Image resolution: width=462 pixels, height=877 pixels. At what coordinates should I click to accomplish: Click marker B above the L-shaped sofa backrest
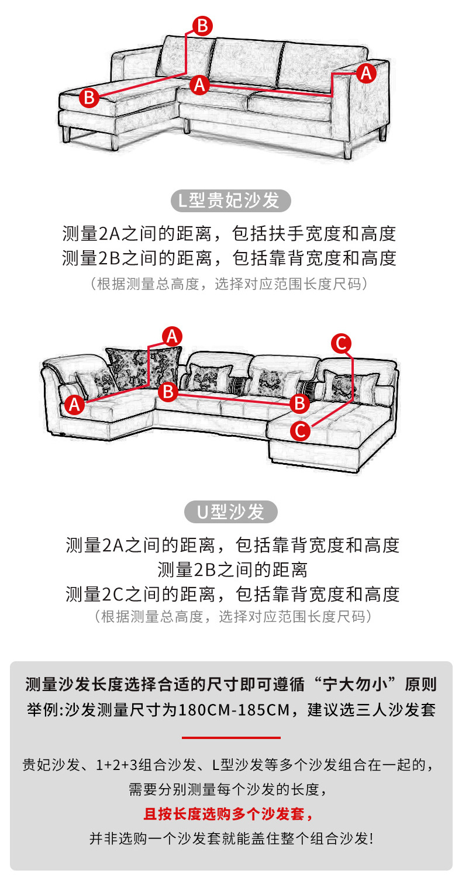[x=202, y=26]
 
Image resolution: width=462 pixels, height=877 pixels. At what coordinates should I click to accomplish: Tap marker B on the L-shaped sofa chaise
[x=89, y=96]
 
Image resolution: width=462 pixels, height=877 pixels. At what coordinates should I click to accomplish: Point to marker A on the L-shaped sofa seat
[x=200, y=84]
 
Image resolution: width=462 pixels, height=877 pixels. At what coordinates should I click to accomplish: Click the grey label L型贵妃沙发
[x=231, y=201]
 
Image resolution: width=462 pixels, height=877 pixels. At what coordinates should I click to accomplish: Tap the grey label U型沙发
[x=231, y=512]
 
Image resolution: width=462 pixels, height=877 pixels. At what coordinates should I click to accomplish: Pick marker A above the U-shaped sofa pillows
[x=172, y=336]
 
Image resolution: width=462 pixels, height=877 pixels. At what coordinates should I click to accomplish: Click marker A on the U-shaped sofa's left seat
[x=74, y=404]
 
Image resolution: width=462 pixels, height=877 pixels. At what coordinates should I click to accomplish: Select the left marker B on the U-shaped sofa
[x=168, y=391]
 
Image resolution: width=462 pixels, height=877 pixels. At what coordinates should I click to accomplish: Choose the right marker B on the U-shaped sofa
[x=299, y=402]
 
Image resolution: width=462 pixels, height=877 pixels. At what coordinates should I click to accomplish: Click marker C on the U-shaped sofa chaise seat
[x=300, y=431]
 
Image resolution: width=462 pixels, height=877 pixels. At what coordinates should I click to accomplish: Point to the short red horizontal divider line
[x=231, y=738]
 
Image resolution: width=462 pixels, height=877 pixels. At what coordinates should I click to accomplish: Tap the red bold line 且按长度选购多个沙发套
[x=228, y=814]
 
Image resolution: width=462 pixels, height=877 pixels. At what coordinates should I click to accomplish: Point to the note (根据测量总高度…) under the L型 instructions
[x=230, y=285]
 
